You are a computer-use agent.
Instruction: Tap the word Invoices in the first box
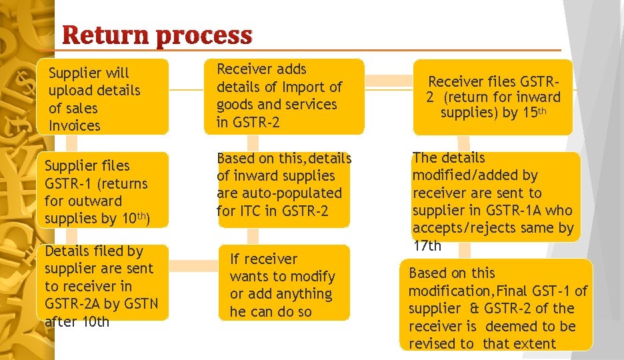coord(75,125)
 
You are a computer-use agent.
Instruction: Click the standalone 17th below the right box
coord(427,245)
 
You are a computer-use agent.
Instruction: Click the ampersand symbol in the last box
coord(474,309)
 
